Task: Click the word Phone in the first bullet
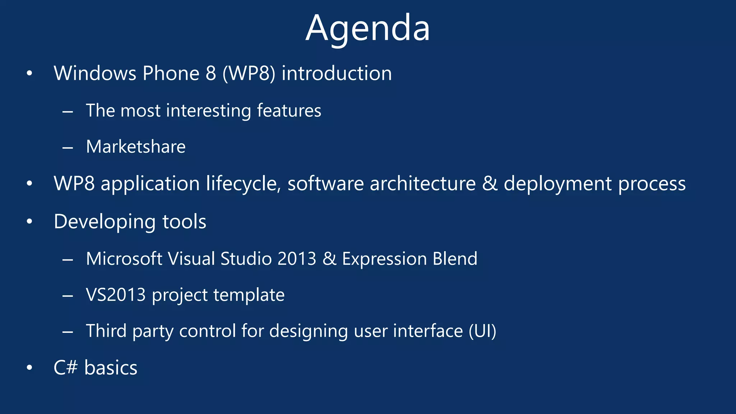coord(171,73)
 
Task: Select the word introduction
coord(336,73)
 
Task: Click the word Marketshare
coord(136,147)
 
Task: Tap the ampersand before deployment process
coord(489,184)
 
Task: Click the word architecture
coord(423,184)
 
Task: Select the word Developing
coord(104,222)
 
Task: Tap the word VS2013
coord(116,295)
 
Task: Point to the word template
coord(249,295)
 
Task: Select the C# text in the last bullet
coord(65,368)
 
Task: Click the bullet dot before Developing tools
coord(29,222)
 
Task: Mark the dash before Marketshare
coord(68,147)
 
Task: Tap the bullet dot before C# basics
coord(29,368)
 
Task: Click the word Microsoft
coord(124,259)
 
